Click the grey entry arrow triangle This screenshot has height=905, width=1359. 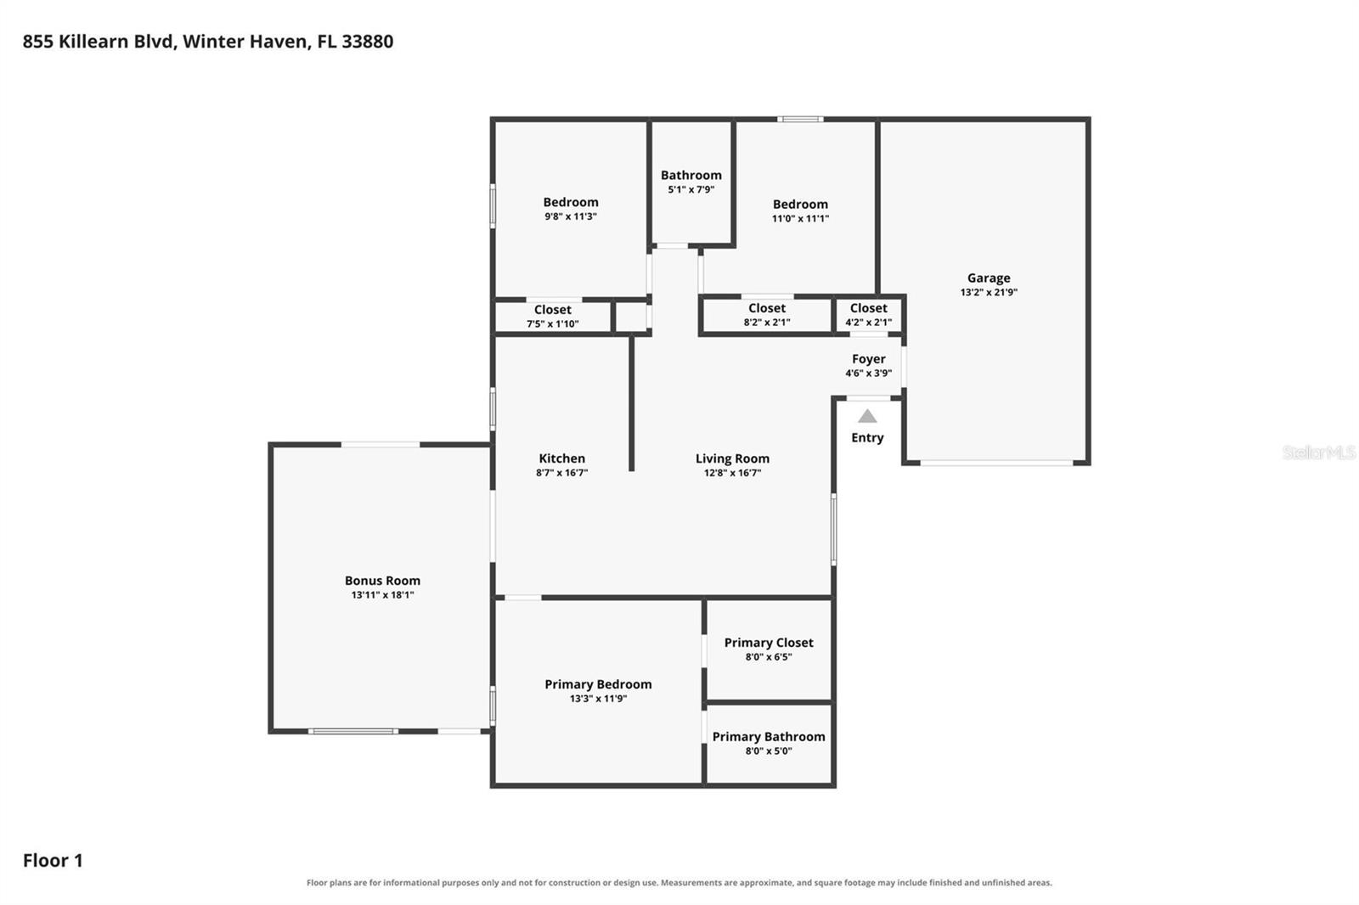click(x=867, y=416)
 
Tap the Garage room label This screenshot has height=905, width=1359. click(x=989, y=278)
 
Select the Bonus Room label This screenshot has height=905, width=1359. click(x=382, y=581)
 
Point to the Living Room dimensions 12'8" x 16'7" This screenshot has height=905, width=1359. click(x=732, y=473)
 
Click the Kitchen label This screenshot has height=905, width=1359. click(x=561, y=458)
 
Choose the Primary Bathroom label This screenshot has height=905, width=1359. click(x=769, y=736)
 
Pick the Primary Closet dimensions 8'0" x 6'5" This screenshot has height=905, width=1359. click(x=769, y=657)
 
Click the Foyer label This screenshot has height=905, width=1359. click(x=868, y=359)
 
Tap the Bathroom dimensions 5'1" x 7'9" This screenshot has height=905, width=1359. click(x=691, y=189)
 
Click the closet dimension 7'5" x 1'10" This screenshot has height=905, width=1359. click(x=552, y=324)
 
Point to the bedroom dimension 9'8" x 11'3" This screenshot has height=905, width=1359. click(x=570, y=216)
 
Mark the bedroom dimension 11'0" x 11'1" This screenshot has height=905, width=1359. click(x=800, y=218)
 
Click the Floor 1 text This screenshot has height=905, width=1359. click(x=53, y=860)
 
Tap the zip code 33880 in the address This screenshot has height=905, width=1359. click(x=367, y=42)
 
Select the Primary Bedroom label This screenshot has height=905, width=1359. click(x=598, y=684)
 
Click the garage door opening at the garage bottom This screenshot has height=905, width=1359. click(x=997, y=463)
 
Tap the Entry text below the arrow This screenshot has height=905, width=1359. click(x=867, y=438)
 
